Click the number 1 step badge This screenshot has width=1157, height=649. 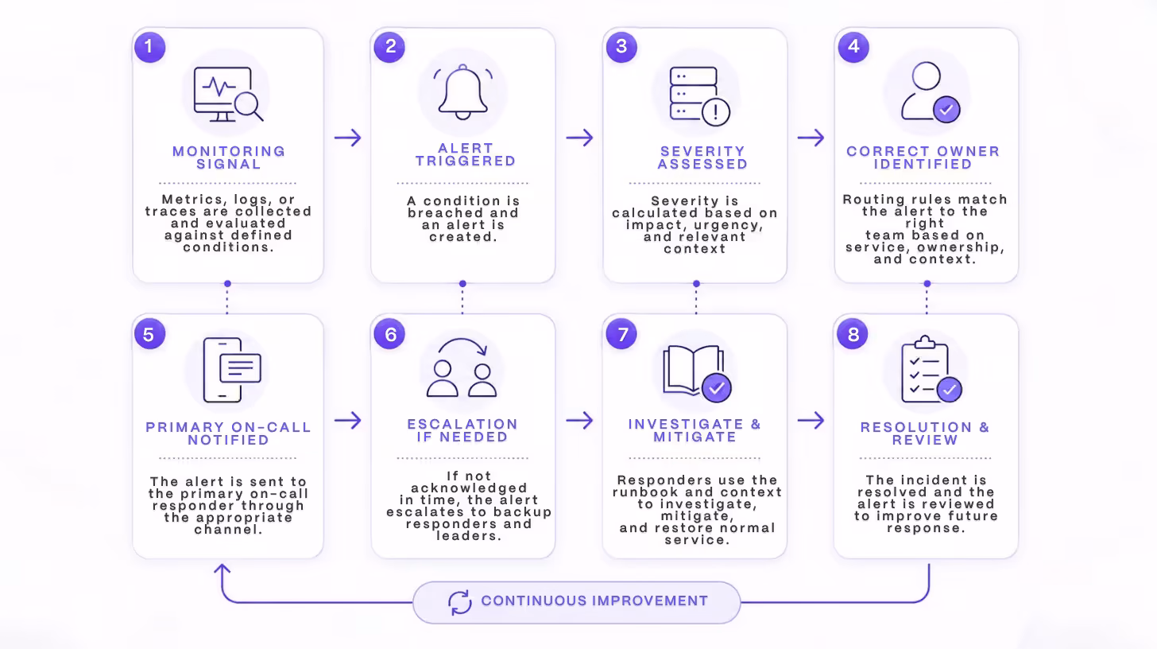click(x=149, y=47)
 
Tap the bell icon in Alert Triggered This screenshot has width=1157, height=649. click(x=462, y=92)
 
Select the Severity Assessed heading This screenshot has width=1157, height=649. click(x=702, y=157)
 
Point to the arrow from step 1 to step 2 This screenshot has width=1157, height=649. click(x=347, y=138)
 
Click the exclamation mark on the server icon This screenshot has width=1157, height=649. click(x=715, y=111)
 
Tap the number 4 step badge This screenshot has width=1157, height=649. click(x=853, y=47)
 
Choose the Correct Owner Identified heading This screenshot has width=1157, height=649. click(x=923, y=157)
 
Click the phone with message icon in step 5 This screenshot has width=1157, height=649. click(x=232, y=370)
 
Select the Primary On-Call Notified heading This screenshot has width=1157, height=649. click(x=228, y=433)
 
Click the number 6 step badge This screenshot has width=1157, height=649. click(x=389, y=334)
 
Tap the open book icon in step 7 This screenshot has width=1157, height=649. click(x=697, y=373)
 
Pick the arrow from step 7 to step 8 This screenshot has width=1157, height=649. click(x=811, y=421)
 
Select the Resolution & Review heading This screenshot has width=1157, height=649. click(x=925, y=433)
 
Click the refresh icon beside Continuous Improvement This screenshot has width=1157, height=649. click(x=459, y=602)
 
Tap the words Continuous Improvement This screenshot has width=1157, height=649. click(x=594, y=601)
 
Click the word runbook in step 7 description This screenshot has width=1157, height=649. click(x=645, y=492)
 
